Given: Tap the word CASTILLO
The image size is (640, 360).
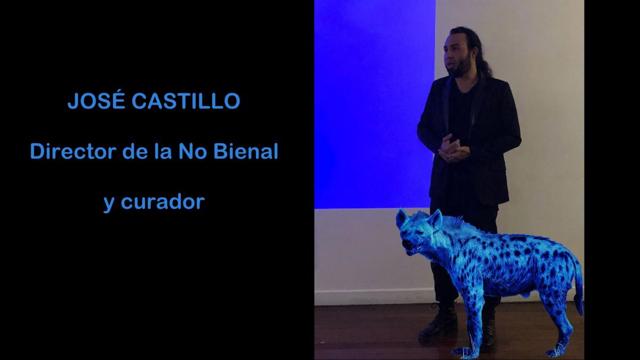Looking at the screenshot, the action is [x=186, y=101].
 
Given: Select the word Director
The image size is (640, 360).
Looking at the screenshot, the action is [x=73, y=151].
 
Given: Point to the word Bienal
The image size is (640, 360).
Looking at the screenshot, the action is [x=246, y=151].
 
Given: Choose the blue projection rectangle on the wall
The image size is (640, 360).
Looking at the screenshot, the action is [x=375, y=105].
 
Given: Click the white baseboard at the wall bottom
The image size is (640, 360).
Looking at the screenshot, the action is [x=371, y=298].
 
